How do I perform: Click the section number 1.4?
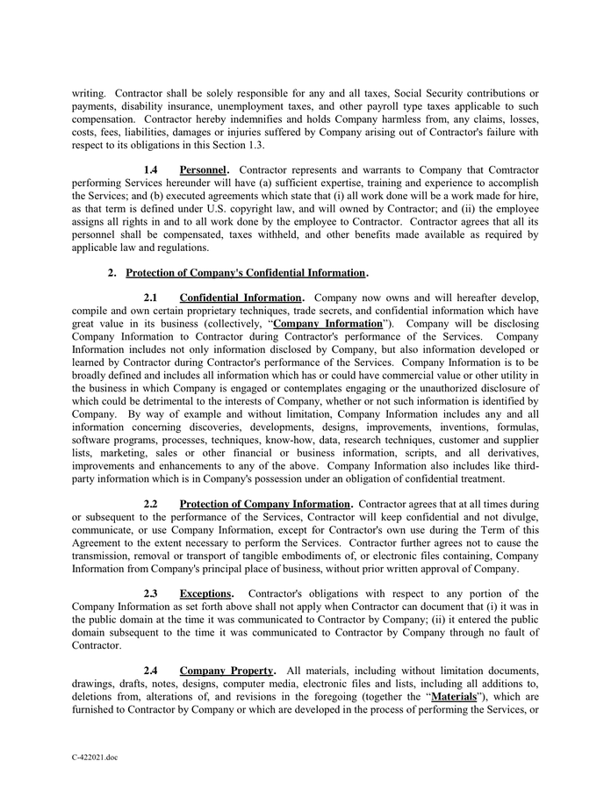(x=150, y=169)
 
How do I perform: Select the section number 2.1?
(x=150, y=298)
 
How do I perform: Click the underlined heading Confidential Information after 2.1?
(x=241, y=298)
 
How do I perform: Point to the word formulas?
(x=515, y=427)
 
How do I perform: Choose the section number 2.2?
(x=150, y=504)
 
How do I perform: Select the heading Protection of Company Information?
(x=265, y=504)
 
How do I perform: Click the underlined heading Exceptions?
(x=205, y=593)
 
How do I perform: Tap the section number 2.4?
(x=150, y=671)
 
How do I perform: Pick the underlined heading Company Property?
(x=227, y=671)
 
